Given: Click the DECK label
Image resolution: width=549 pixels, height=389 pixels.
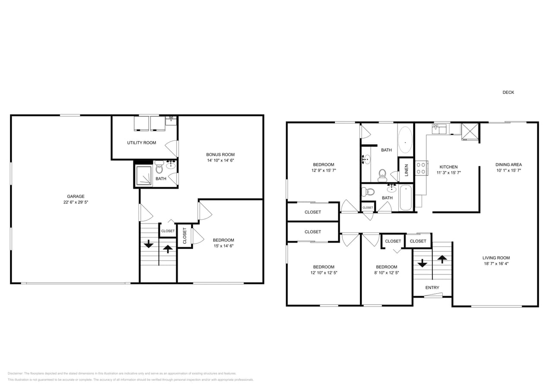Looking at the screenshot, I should tap(508, 92).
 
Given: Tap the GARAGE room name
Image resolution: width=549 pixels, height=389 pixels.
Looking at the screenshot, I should tap(76, 196).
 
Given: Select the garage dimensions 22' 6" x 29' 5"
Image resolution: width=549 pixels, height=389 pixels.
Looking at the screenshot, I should tap(76, 202).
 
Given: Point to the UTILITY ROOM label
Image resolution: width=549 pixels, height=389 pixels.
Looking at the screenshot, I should tap(142, 143).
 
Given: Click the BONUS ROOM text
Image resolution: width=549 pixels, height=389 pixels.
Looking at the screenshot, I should tap(220, 154).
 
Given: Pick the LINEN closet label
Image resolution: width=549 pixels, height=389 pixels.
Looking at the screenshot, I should tap(406, 170).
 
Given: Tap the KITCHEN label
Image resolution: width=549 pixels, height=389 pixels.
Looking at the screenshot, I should tap(448, 167).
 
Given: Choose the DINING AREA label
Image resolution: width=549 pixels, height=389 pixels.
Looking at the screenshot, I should tap(508, 165).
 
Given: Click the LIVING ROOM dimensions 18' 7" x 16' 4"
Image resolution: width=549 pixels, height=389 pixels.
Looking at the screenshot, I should tap(496, 264).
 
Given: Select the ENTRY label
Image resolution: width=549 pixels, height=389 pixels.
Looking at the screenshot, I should tap(432, 287).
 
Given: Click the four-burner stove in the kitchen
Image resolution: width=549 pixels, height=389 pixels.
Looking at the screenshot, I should tap(421, 168).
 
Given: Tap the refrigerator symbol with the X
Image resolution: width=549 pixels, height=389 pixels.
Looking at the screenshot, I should tap(470, 132).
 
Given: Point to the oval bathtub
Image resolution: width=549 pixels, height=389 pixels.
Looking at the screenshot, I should tap(405, 140).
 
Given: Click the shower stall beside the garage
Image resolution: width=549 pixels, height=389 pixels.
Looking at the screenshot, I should tap(144, 175).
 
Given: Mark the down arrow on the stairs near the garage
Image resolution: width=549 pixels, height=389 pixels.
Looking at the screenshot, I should tap(148, 244).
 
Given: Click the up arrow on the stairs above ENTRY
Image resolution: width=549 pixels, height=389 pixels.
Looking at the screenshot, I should tap(442, 259).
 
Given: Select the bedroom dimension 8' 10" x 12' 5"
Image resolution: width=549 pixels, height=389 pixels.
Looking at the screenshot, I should tap(386, 273).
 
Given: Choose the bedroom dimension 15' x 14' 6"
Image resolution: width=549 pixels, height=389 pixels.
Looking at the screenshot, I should tap(223, 246).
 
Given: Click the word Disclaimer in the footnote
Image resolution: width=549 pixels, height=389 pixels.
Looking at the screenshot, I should tap(16, 373).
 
